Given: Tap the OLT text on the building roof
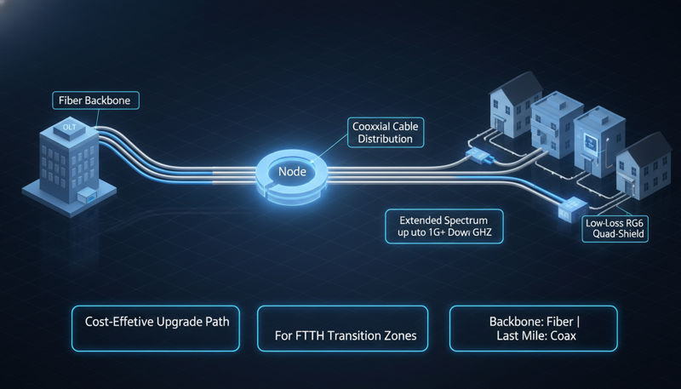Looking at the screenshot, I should tap(70, 127).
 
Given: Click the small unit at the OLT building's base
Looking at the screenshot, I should tap(86, 197).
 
